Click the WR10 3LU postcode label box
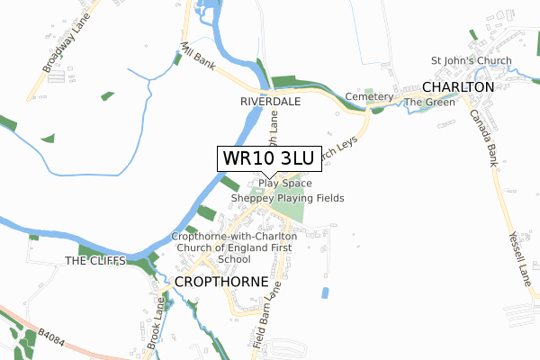267,158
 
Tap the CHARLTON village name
459,86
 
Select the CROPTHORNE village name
220,282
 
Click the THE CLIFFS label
89,261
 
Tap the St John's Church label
472,61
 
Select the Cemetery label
370,96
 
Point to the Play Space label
285,184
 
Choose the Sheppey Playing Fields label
287,198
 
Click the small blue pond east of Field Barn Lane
325,292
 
